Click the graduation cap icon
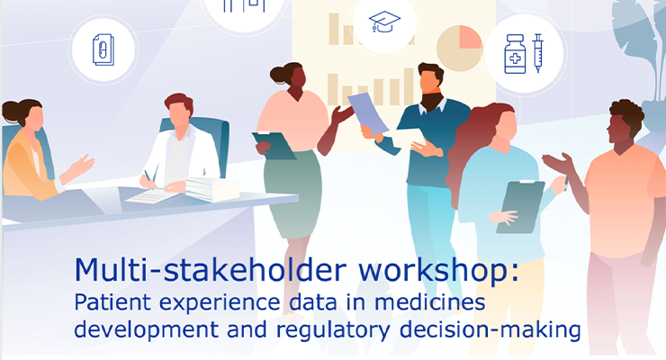tap(384, 22)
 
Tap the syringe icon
tap(538, 52)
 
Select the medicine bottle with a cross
tap(515, 54)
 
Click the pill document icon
tap(103, 49)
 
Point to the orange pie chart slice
tap(469, 38)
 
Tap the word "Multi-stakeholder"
tap(211, 270)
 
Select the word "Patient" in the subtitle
tap(113, 302)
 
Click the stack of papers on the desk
tap(211, 188)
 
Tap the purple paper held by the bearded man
tap(368, 112)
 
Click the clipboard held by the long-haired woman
tap(520, 207)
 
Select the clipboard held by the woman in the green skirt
tap(274, 145)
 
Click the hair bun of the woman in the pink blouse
tap(278, 75)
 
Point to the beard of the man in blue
tap(431, 101)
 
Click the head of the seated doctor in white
tap(179, 111)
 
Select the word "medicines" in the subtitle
tap(430, 302)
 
